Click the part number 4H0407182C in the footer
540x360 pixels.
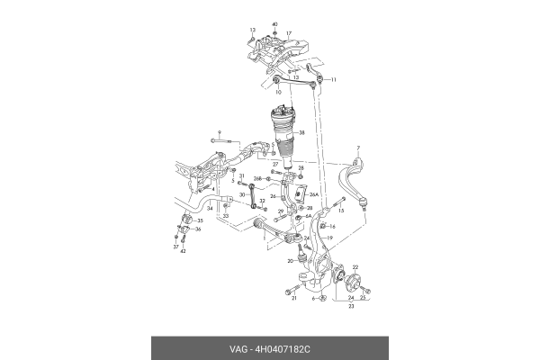point(287,348)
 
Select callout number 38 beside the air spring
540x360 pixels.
point(302,133)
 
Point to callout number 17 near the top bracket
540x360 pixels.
point(289,34)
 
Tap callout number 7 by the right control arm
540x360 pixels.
point(357,148)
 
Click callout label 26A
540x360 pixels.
point(313,193)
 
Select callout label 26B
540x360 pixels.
point(256,178)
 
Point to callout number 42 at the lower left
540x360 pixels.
point(183,251)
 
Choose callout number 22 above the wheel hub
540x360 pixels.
point(355,267)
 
